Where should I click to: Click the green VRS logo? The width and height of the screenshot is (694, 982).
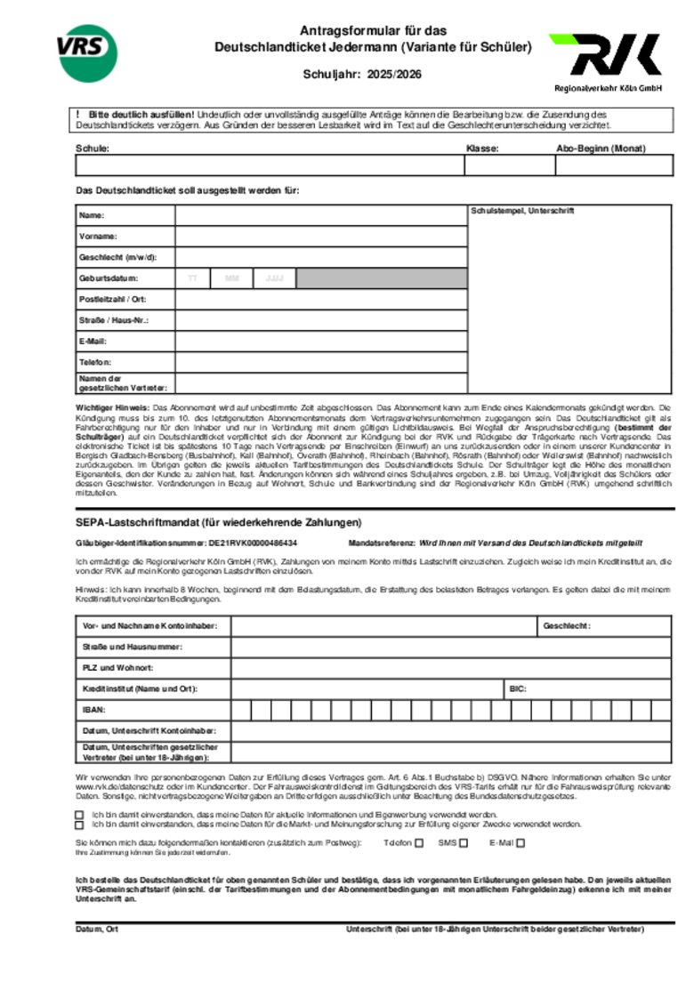coord(87,52)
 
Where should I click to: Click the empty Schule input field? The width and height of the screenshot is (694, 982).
coord(269,165)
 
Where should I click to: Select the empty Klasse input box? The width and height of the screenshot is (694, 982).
coord(503,165)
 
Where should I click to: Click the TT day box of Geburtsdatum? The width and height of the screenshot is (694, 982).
coord(192,278)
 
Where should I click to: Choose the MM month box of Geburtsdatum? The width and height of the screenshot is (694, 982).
coord(232,278)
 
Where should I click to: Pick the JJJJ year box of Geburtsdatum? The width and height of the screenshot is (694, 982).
coord(274,278)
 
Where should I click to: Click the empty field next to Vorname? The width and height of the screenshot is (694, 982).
coord(320,237)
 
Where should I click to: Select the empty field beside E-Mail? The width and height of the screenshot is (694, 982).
coord(320,341)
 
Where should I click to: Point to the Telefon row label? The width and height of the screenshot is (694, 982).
coord(94,363)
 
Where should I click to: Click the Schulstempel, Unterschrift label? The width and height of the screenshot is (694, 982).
coord(522,212)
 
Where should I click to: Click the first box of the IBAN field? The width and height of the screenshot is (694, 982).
coord(240,710)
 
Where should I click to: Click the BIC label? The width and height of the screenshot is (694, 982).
coord(518,688)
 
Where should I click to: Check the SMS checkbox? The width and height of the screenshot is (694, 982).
coord(465,842)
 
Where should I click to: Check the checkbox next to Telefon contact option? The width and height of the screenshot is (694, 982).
coord(419,842)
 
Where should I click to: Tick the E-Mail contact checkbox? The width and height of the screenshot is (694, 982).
coord(520,842)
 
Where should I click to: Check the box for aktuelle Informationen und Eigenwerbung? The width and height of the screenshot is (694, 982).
coord(79,814)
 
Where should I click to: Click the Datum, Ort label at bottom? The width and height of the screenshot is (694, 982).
coord(97,930)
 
